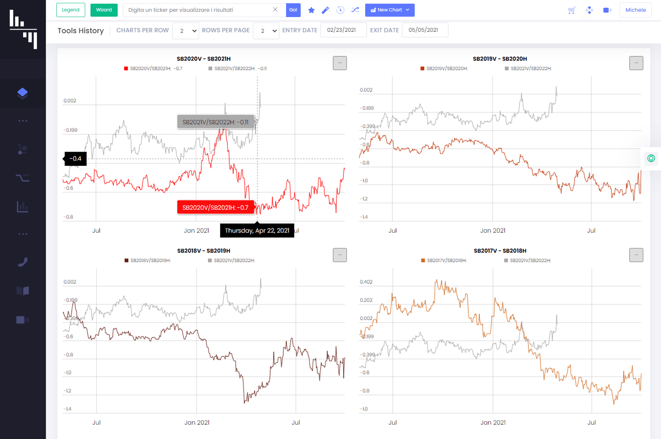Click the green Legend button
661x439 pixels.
[71, 10]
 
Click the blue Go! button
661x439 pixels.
[293, 10]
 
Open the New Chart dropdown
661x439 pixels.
[390, 10]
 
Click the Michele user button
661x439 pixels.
[635, 10]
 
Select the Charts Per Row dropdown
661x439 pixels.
[185, 31]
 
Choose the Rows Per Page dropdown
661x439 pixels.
[266, 31]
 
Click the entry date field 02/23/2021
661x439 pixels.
[343, 30]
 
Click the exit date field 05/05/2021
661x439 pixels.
[424, 30]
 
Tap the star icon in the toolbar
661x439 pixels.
[311, 10]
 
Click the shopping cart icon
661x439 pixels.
[571, 10]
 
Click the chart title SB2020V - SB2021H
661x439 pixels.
[204, 59]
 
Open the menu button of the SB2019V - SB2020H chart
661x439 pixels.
[636, 63]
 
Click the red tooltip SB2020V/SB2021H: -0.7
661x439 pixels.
[215, 207]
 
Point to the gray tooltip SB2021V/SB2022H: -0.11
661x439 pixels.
[215, 122]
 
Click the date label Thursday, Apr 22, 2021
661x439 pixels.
[257, 230]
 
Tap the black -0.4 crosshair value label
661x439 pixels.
[75, 159]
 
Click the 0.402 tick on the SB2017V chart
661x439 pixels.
[366, 282]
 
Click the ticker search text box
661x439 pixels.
[199, 10]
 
